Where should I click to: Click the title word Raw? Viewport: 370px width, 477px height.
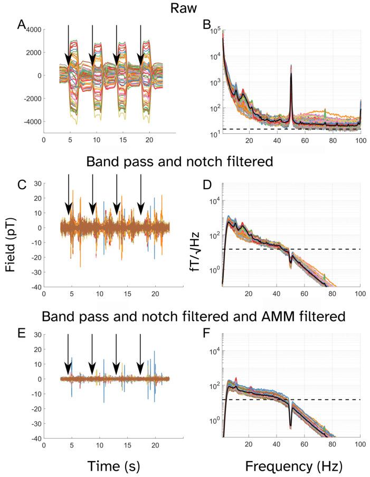(x=185, y=9)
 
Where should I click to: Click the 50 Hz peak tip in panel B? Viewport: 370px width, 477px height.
(x=291, y=66)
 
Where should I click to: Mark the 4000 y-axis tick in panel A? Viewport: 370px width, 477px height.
(x=30, y=30)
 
